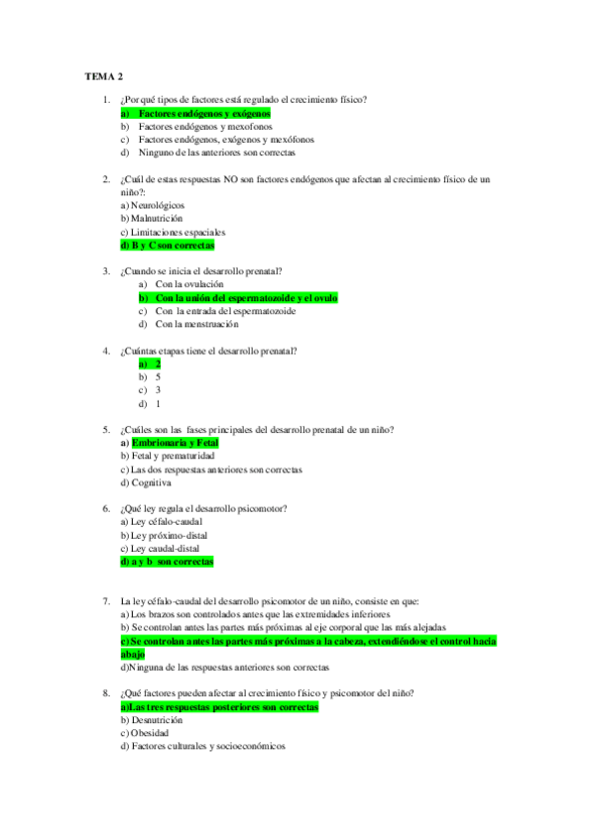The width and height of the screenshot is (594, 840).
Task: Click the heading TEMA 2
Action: click(104, 75)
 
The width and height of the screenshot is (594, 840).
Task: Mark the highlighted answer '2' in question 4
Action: click(158, 365)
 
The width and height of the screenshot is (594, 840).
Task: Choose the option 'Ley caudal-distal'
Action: click(165, 548)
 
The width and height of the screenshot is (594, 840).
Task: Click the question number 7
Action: click(106, 601)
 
